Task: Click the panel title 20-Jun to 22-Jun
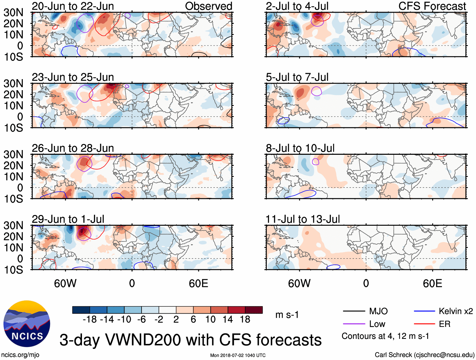click(x=73, y=6)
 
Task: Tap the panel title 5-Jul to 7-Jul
click(x=297, y=77)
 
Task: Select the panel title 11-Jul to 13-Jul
click(x=303, y=219)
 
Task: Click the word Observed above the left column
click(x=208, y=6)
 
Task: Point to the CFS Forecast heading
click(x=432, y=6)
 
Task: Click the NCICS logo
click(x=26, y=323)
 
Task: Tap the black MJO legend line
click(x=354, y=311)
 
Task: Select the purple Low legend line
click(x=354, y=324)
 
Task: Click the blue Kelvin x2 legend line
click(x=424, y=311)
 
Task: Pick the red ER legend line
click(x=424, y=324)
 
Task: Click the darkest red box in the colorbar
click(x=254, y=310)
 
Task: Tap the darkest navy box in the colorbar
click(x=81, y=310)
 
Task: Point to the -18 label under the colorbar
click(x=90, y=320)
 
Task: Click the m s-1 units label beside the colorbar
click(x=287, y=315)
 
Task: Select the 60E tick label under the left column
click(x=198, y=283)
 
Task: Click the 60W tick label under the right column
click(x=299, y=283)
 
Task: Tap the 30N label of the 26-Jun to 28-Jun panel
click(x=13, y=154)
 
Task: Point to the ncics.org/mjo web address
click(x=20, y=355)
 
